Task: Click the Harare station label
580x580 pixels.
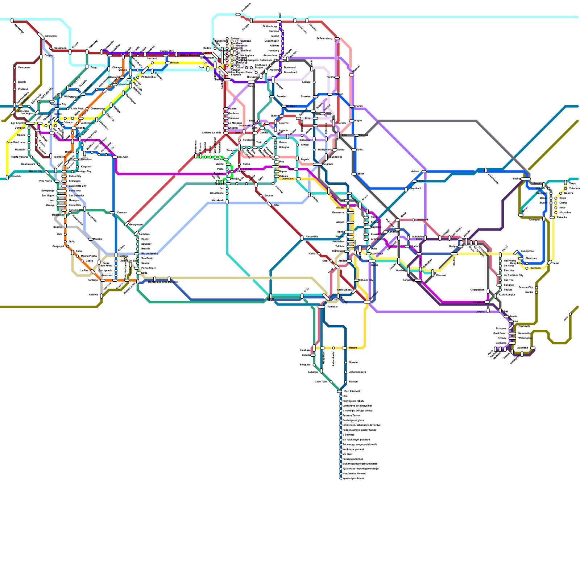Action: pyautogui.click(x=353, y=348)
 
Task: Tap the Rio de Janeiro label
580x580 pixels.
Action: pyautogui.click(x=150, y=253)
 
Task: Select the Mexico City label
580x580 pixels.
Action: pyautogui.click(x=36, y=171)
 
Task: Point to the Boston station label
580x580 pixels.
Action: pyautogui.click(x=174, y=63)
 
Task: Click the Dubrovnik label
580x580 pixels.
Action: pyautogui.click(x=288, y=179)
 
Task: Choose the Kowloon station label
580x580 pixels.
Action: pyautogui.click(x=535, y=268)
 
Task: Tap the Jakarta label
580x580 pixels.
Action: pyautogui.click(x=480, y=311)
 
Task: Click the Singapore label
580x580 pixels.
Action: pyautogui.click(x=478, y=302)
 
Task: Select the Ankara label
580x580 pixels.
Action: pyautogui.click(x=340, y=208)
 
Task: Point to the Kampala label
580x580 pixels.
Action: pyautogui.click(x=332, y=307)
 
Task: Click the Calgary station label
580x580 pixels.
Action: pyautogui.click(x=49, y=55)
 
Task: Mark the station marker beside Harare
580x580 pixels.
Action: pyautogui.click(x=344, y=348)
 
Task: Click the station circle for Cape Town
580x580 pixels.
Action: pyautogui.click(x=331, y=382)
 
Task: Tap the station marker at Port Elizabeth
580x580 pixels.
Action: pyautogui.click(x=340, y=391)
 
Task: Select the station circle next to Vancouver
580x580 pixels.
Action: pyautogui.click(x=15, y=67)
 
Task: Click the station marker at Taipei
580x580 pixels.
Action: pyautogui.click(x=550, y=262)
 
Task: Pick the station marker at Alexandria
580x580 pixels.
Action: pyautogui.click(x=302, y=238)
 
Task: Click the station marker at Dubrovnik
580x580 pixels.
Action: pyautogui.click(x=298, y=179)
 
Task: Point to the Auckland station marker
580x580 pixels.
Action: pyautogui.click(x=533, y=348)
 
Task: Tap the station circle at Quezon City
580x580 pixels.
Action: pyautogui.click(x=536, y=287)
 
